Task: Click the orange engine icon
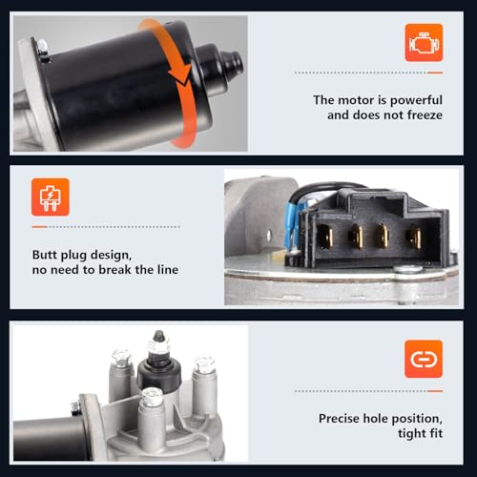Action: tap(424, 43)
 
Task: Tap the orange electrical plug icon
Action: tap(51, 197)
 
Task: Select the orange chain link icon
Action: tap(424, 359)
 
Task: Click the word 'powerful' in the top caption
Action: tap(416, 100)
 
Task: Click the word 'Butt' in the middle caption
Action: tap(45, 255)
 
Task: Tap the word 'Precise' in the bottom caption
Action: tap(340, 419)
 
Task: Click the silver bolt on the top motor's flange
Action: tap(42, 47)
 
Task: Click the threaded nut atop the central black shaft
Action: tap(158, 345)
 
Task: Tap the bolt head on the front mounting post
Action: tap(153, 397)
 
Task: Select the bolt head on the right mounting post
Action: tap(205, 365)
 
